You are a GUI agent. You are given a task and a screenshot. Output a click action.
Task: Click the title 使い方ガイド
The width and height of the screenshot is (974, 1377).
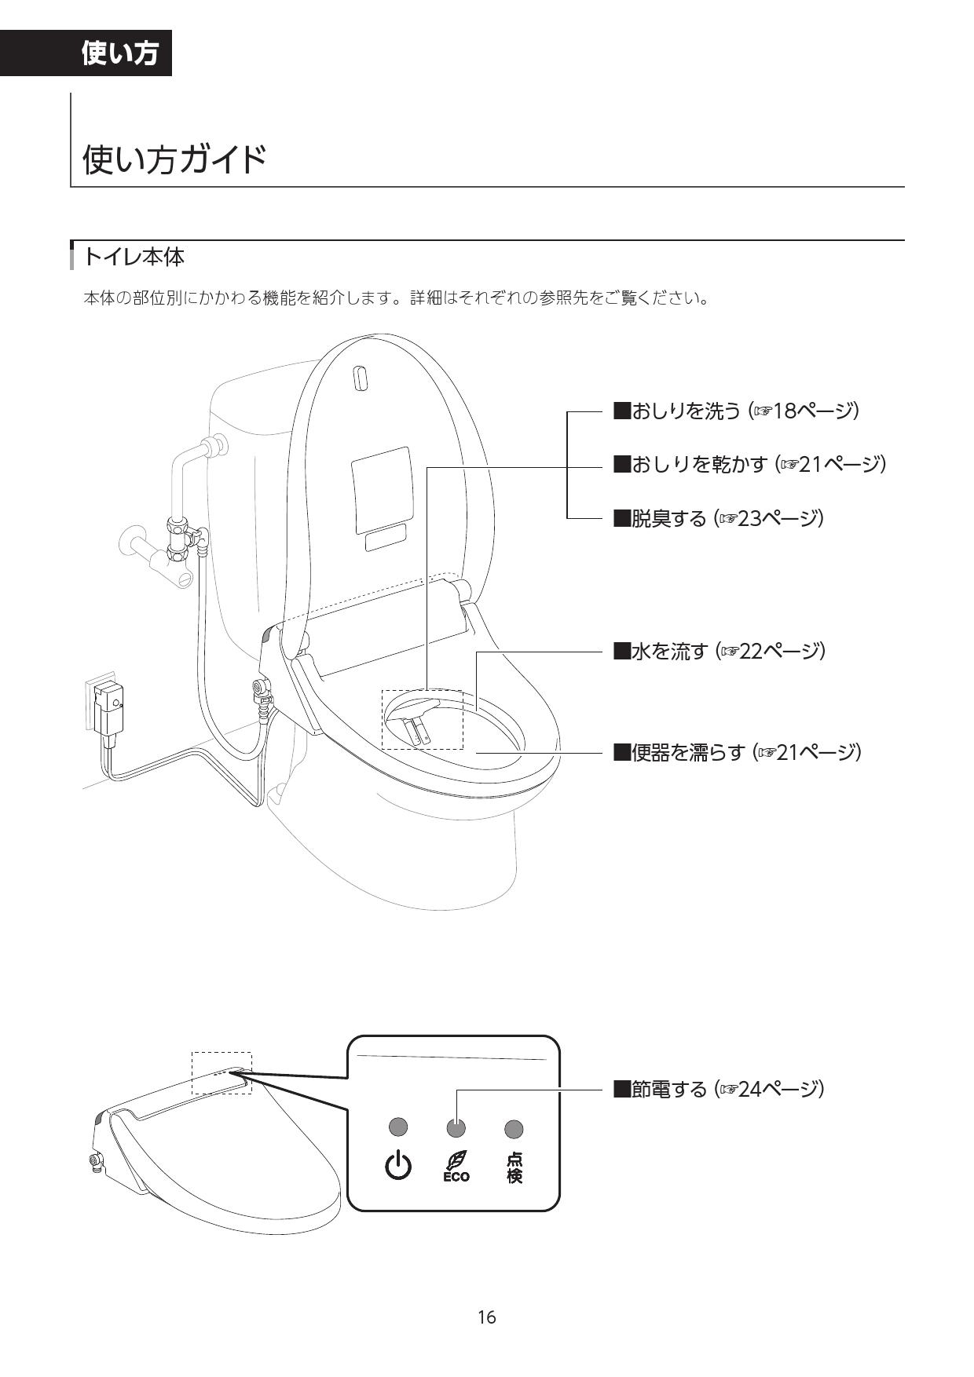tap(174, 159)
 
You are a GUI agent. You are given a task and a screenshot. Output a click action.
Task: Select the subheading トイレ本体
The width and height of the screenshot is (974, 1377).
tap(134, 257)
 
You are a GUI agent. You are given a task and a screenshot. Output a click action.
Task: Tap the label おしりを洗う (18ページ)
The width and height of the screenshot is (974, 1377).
tap(735, 411)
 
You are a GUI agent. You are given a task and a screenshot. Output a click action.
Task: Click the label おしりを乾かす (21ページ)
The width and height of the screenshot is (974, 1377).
tap(749, 464)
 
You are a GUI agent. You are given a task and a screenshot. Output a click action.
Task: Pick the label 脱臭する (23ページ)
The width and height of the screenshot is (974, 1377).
tap(718, 518)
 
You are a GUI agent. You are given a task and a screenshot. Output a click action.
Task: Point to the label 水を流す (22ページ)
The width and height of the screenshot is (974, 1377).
tap(719, 651)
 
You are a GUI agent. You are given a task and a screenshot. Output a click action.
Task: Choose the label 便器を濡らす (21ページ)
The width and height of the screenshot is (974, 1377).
tap(737, 752)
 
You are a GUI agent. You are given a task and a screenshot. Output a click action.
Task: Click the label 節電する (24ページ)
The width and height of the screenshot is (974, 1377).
tap(718, 1089)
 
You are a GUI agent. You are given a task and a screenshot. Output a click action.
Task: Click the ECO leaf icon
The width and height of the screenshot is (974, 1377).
tap(456, 1166)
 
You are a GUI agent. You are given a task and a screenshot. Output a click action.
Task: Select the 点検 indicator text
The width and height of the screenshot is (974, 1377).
tap(514, 1167)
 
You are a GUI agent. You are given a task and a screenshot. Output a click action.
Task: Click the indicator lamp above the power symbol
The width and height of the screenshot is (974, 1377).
tap(398, 1127)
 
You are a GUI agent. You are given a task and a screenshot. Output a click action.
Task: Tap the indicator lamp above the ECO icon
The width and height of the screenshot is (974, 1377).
tap(456, 1128)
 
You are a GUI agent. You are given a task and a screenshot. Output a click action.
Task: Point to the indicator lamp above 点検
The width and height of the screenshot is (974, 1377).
tap(514, 1129)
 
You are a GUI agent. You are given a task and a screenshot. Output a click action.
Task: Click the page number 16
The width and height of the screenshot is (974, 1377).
tap(487, 1317)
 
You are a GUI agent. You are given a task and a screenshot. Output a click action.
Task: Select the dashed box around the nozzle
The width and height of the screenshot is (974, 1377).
tap(422, 719)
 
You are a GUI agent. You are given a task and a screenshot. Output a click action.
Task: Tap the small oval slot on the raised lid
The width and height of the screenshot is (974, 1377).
tap(360, 378)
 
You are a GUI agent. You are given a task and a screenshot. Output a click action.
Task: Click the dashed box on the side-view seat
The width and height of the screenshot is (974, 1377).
tap(222, 1073)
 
